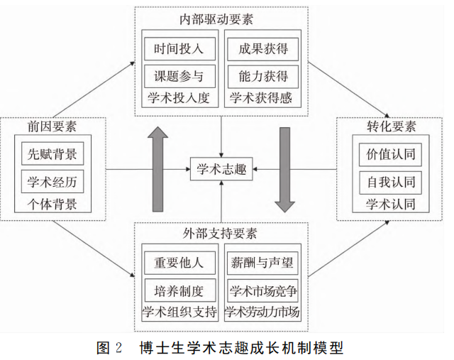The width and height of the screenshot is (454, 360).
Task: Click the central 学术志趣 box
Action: (x=221, y=169)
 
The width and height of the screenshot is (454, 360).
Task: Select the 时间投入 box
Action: (x=179, y=49)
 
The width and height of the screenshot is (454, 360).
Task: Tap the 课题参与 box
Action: (x=179, y=75)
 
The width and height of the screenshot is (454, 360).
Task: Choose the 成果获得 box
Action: (x=262, y=49)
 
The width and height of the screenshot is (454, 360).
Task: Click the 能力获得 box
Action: (x=262, y=75)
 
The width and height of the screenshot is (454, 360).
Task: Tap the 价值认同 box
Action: (x=389, y=154)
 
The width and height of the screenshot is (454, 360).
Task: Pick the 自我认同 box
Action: (x=389, y=181)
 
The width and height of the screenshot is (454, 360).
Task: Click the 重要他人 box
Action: (x=179, y=262)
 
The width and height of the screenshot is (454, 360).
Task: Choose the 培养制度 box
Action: (x=179, y=289)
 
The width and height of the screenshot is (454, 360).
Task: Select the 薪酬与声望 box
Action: (x=262, y=262)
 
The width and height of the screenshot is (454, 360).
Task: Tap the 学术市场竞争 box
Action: (x=262, y=289)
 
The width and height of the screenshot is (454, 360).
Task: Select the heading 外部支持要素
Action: (x=221, y=233)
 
